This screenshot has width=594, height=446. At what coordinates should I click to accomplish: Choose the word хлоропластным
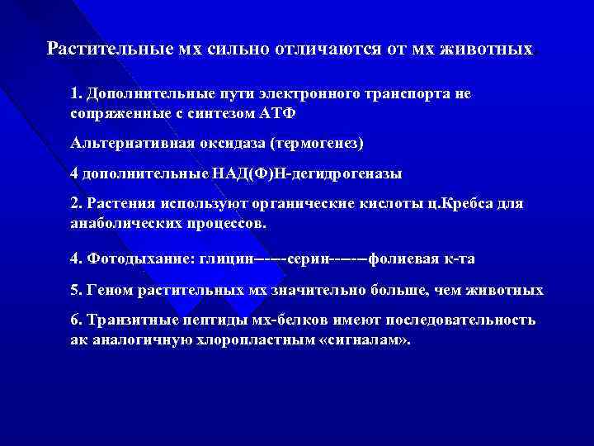pyautogui.click(x=260, y=339)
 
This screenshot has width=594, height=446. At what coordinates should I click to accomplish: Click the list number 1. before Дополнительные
pyautogui.click(x=76, y=94)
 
